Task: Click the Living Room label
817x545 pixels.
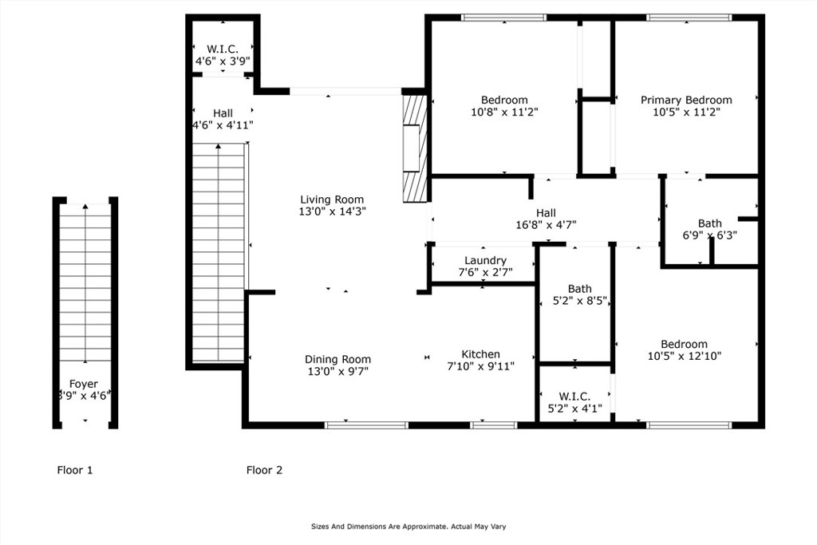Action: click(x=332, y=199)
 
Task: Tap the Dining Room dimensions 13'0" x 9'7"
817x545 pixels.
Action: click(x=337, y=372)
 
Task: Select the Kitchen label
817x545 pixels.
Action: click(x=480, y=354)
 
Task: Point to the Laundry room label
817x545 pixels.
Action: click(x=485, y=260)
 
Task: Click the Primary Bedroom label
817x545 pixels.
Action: click(x=686, y=100)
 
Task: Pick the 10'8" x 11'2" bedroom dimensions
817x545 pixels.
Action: click(x=504, y=112)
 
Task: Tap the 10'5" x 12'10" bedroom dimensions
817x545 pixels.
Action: click(x=684, y=357)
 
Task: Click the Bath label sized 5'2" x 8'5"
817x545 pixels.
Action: click(x=579, y=289)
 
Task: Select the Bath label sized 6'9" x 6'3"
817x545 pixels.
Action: click(x=709, y=223)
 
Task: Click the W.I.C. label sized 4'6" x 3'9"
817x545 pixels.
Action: click(x=223, y=49)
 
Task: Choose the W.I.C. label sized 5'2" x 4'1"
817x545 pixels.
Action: click(x=574, y=397)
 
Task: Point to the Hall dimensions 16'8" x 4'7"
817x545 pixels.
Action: click(x=546, y=225)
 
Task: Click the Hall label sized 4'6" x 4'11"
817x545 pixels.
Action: click(x=223, y=113)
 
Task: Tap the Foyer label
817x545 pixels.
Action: click(x=83, y=384)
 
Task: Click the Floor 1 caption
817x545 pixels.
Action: click(x=74, y=470)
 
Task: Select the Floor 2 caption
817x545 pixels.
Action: click(x=264, y=470)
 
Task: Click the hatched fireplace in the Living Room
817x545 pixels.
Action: click(x=415, y=148)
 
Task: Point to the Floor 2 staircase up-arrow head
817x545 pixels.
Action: click(x=219, y=146)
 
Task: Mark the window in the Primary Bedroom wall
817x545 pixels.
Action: click(x=689, y=18)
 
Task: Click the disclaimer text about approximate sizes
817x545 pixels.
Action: click(x=408, y=527)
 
